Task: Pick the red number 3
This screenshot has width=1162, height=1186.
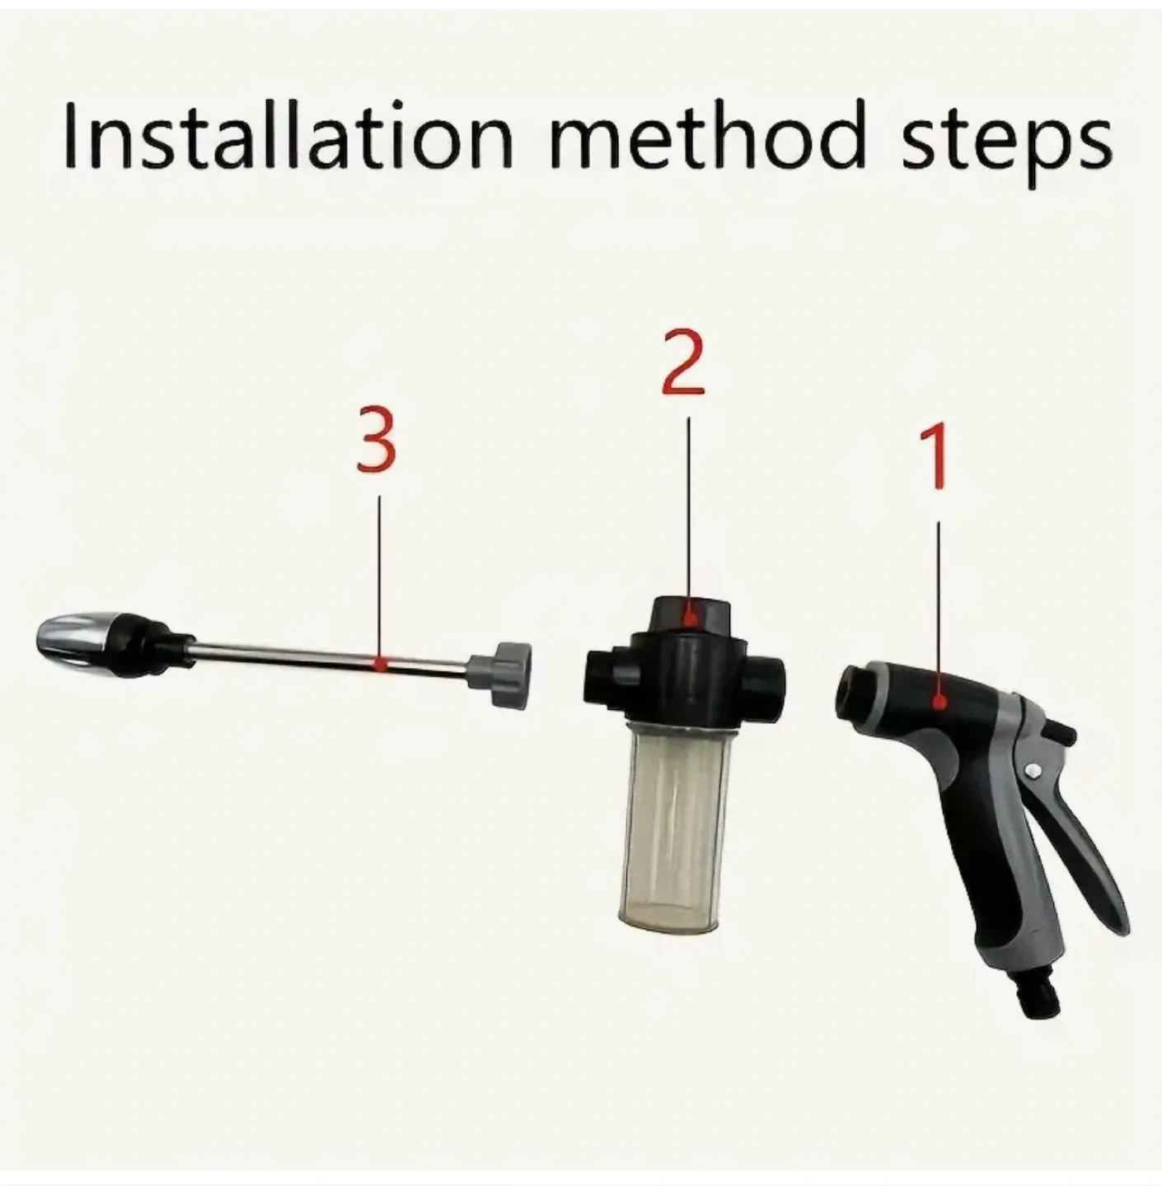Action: click(x=377, y=440)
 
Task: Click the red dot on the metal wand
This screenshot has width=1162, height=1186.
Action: click(x=381, y=663)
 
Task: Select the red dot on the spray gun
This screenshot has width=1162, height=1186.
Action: click(x=939, y=701)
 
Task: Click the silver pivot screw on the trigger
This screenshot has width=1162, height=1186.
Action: click(x=1033, y=769)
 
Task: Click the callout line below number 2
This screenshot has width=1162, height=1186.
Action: click(x=689, y=514)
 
